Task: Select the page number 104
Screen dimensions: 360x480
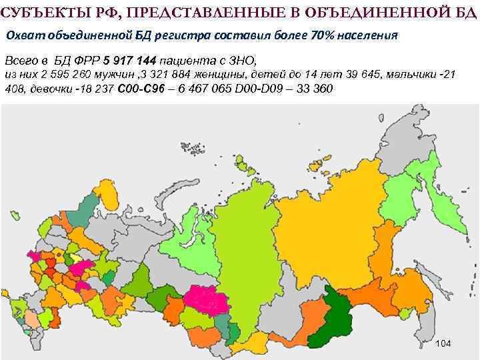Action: [443, 343]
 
